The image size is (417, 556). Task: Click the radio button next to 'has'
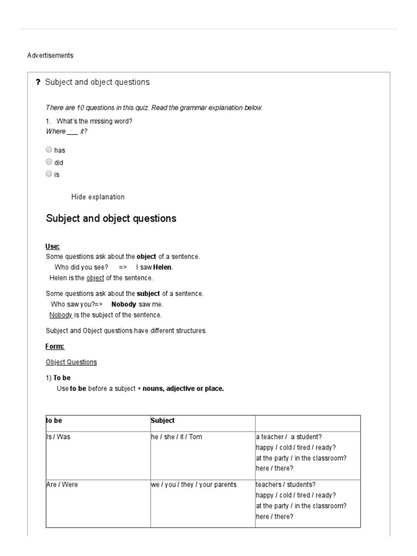point(49,150)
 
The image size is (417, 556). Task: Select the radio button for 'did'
point(49,162)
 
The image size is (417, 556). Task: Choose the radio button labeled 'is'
point(49,174)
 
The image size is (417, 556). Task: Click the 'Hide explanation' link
point(98,197)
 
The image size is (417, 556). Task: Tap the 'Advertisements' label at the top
point(50,55)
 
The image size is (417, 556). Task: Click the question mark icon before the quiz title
point(38,83)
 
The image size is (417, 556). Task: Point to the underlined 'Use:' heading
point(53,247)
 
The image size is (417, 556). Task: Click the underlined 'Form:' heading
point(54,346)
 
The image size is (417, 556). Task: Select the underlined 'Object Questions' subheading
point(71,362)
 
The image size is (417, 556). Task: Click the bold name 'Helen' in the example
point(163,267)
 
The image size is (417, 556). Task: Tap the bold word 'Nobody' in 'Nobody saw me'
point(123,305)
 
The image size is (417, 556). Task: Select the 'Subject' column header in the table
point(162,420)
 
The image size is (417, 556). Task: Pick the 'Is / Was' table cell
point(58,437)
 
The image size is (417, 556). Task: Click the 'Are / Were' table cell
point(62,484)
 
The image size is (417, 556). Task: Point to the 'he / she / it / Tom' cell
point(176,437)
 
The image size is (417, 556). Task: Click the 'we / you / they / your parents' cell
point(194,484)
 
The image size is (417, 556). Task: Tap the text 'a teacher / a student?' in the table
point(288,437)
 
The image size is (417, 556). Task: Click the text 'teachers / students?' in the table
point(286,484)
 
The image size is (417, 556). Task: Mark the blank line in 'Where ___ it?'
point(72,131)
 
